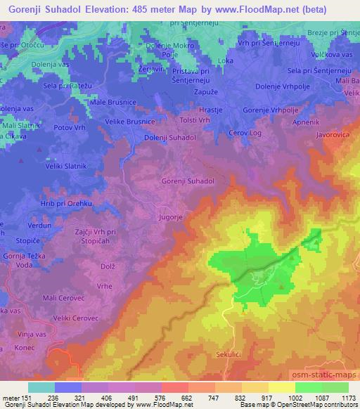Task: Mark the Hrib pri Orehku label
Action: pos(46,203)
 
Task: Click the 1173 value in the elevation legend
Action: pos(347,397)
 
